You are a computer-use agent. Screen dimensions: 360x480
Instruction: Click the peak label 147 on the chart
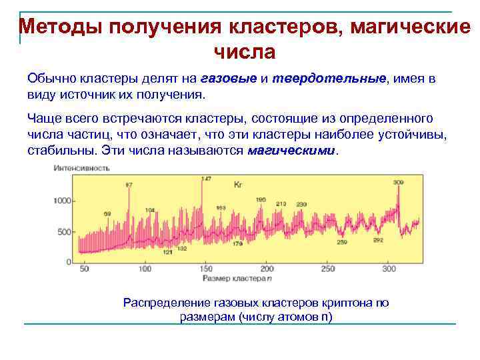tap(206, 179)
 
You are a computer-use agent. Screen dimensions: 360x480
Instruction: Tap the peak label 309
tap(399, 182)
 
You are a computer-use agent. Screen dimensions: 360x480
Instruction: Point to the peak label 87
tap(129, 184)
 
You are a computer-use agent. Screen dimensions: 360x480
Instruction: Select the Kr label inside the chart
tap(238, 183)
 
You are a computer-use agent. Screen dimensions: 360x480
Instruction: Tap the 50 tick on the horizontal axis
tap(84, 269)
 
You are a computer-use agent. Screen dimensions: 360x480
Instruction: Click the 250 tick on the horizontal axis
tap(327, 269)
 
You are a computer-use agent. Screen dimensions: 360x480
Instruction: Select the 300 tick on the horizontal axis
tap(389, 269)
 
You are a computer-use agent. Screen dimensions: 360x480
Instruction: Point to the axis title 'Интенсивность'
tap(81, 169)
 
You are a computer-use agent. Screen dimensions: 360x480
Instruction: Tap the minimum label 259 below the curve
tap(341, 242)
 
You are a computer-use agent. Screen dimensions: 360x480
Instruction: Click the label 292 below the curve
tap(378, 240)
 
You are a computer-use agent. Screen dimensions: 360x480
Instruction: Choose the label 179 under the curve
tap(237, 244)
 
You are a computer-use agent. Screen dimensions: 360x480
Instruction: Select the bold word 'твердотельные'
tap(329, 79)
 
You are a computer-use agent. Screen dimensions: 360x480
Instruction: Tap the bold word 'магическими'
tap(292, 151)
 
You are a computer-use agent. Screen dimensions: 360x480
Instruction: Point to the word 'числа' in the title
tap(244, 51)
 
